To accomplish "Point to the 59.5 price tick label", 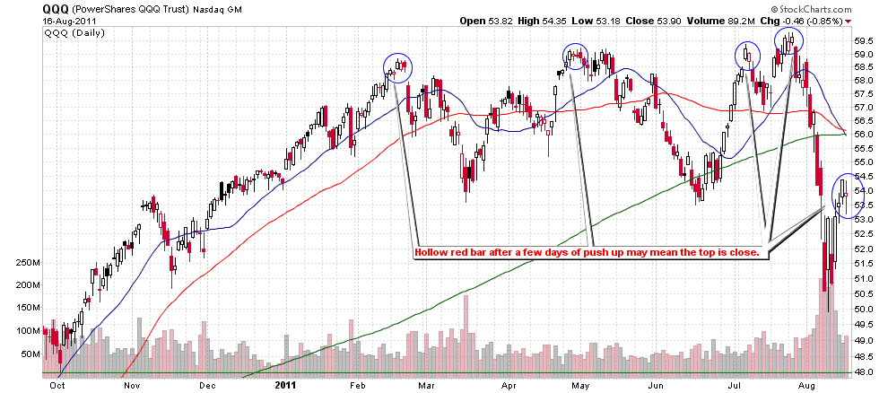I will click(865, 41).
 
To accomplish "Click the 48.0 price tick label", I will click(865, 371).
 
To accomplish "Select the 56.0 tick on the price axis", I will click(865, 134).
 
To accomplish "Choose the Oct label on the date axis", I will click(57, 385).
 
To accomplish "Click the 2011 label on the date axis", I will click(283, 385).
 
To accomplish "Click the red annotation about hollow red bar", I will click(588, 253).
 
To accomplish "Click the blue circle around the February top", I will click(397, 67).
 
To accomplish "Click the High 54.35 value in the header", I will click(539, 20).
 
